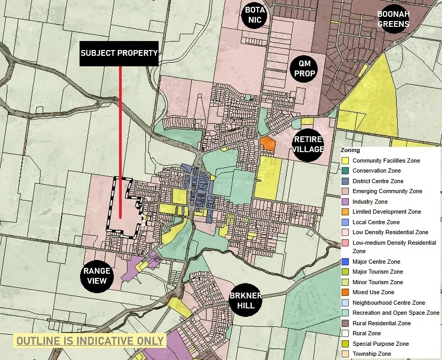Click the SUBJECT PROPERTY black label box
pos(119,53)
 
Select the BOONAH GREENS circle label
pos(394,19)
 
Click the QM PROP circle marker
pos(305,68)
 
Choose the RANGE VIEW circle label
pos(97,276)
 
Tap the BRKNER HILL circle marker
pos(245,301)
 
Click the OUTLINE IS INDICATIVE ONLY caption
pos(90,341)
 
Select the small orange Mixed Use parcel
pos(268,143)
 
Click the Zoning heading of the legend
pos(350,151)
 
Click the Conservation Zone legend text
pos(376,171)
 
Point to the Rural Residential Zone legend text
pos(381,323)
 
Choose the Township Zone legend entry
pos(371,354)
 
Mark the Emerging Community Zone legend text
pos(387,191)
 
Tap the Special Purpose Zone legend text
pos(380,344)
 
